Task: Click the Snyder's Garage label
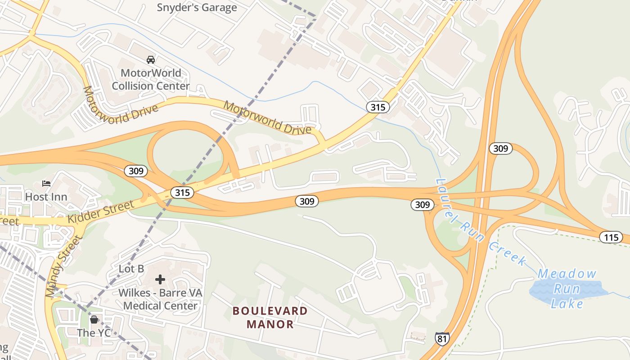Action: [x=197, y=7]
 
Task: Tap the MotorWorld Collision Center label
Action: [x=151, y=79]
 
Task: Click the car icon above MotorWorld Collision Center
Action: [x=151, y=59]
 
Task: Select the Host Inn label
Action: [x=46, y=197]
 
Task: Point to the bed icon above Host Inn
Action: [x=46, y=183]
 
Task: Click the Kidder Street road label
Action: [x=101, y=213]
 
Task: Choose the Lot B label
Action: [x=131, y=269]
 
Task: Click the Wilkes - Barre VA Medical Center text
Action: [x=160, y=299]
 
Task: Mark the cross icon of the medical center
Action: [x=160, y=279]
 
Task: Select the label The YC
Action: [x=94, y=333]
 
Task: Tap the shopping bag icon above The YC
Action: [x=94, y=319]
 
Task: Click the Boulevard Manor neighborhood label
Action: [x=270, y=317]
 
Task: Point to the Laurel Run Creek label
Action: [x=481, y=221]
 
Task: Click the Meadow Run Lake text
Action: [x=567, y=288]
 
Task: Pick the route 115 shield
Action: [x=611, y=237]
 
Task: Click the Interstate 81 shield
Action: [x=442, y=338]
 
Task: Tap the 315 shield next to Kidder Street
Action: [x=182, y=193]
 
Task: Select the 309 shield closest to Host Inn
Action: [x=136, y=171]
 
